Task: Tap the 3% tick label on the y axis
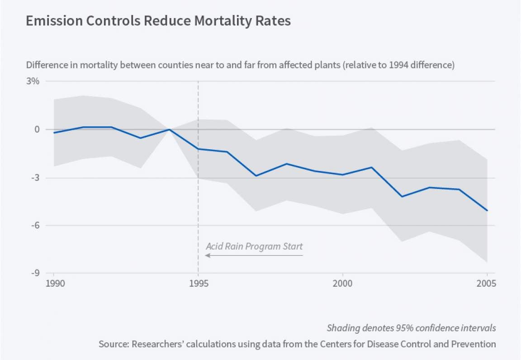(33, 81)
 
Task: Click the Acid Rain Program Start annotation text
(254, 246)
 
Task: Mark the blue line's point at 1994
(169, 129)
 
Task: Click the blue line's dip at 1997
(256, 175)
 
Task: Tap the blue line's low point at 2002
(400, 197)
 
